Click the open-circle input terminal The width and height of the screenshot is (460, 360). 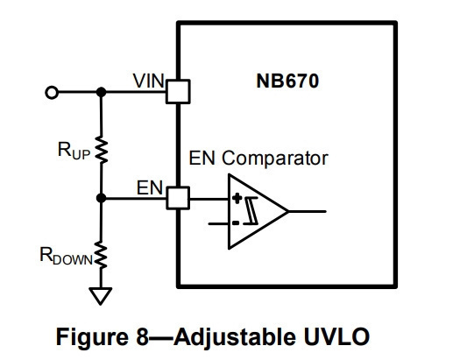(x=52, y=92)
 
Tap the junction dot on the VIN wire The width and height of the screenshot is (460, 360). (x=102, y=92)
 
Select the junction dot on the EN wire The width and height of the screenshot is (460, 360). (x=102, y=198)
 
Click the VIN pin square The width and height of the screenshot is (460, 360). (x=178, y=91)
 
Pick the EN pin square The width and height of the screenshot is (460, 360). (x=178, y=198)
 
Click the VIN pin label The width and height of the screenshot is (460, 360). (x=148, y=81)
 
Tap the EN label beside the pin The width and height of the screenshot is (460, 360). (x=150, y=187)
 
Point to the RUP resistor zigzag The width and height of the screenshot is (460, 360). (x=102, y=150)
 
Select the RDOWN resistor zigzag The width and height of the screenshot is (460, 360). (x=101, y=255)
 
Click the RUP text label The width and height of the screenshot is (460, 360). (x=74, y=151)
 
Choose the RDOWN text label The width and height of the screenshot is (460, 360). (x=66, y=256)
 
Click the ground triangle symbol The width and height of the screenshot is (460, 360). (x=101, y=296)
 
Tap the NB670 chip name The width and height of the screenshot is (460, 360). (x=287, y=81)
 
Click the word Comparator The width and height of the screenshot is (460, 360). (x=275, y=159)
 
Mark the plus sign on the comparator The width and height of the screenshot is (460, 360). (x=237, y=199)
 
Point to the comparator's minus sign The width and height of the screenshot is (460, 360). (x=236, y=223)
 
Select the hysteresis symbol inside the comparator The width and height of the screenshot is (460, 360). (x=251, y=211)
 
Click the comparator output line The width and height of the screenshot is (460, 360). (x=307, y=211)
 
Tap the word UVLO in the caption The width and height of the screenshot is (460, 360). (x=336, y=337)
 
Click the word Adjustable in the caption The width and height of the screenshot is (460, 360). (x=235, y=338)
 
